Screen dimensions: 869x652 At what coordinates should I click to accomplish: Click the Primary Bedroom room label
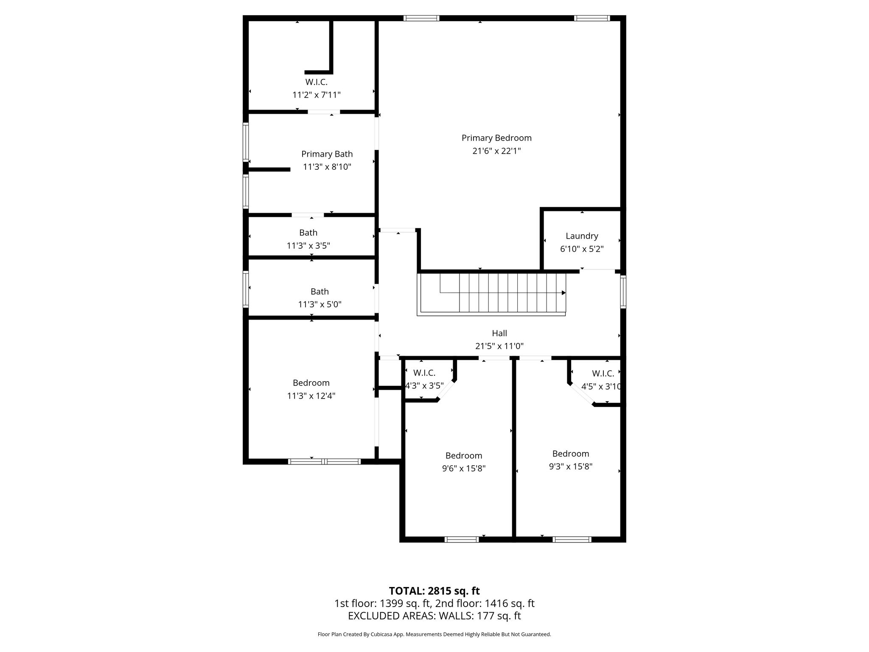496,138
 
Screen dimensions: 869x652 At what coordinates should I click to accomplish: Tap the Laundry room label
582,236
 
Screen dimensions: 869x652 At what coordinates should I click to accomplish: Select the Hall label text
499,333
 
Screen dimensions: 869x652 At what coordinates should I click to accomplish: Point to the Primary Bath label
327,154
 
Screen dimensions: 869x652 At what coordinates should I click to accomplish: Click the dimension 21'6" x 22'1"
496,151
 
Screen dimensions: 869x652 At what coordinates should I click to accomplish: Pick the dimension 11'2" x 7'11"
317,95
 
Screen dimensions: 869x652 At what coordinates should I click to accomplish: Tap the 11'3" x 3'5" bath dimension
308,245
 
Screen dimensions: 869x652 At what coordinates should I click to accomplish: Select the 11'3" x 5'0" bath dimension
320,304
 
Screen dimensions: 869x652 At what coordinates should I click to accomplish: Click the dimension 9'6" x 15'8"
464,469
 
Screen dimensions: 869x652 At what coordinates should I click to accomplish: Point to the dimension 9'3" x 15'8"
571,467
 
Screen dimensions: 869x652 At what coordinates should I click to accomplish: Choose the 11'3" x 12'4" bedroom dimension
311,396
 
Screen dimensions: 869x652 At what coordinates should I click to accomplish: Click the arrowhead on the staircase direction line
563,293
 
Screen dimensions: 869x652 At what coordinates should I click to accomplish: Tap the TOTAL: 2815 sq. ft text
434,591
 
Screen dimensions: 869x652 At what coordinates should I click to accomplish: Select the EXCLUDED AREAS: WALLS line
434,616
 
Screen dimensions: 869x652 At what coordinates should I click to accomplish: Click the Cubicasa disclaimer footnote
434,634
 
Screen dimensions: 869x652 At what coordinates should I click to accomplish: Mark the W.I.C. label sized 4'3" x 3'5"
424,373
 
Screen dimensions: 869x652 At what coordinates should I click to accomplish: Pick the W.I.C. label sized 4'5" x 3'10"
603,374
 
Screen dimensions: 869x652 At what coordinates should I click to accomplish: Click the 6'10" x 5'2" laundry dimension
582,249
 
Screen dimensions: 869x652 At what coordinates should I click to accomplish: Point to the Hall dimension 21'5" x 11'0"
499,346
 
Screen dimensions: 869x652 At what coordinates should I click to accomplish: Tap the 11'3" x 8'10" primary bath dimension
327,167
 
